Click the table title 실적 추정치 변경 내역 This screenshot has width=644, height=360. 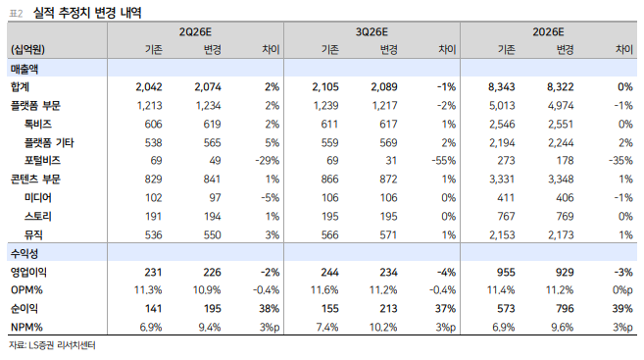(87, 13)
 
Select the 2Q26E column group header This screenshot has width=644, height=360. (195, 32)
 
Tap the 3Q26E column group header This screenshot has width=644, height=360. (372, 32)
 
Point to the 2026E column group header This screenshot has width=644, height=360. (548, 32)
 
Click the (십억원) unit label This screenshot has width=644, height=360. (27, 50)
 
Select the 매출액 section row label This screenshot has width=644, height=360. (25, 69)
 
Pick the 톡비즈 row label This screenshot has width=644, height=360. (38, 125)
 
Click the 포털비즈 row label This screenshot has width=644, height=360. (42, 161)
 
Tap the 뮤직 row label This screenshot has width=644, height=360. (33, 234)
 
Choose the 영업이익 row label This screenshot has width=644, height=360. (28, 272)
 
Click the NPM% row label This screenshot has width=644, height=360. (26, 327)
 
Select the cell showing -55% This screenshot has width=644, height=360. (444, 161)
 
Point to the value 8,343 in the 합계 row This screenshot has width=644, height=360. (502, 87)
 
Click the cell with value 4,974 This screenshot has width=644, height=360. (561, 106)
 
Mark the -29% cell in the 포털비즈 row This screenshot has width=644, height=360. (268, 161)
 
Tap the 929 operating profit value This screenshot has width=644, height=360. (565, 272)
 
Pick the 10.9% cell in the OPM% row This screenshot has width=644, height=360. (207, 290)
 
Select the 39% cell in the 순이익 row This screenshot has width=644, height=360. (622, 309)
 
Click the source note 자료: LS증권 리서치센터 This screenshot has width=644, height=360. (52, 345)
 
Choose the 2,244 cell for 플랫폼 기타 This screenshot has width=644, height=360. (561, 142)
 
